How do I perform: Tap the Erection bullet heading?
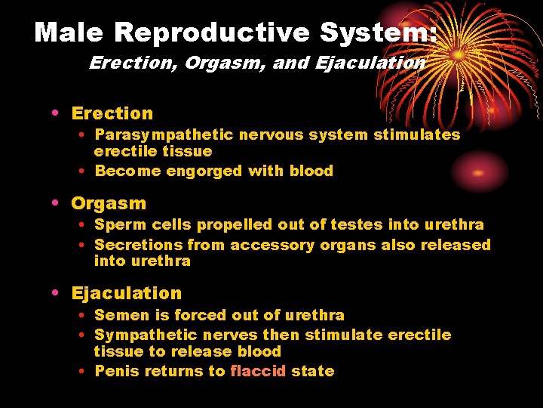tap(112, 113)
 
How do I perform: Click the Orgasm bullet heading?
tap(109, 203)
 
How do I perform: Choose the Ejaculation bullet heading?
tap(126, 293)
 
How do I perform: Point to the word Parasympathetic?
tap(164, 134)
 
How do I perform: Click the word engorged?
tap(204, 171)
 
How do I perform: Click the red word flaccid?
tap(258, 371)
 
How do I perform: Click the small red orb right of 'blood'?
tap(477, 172)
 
